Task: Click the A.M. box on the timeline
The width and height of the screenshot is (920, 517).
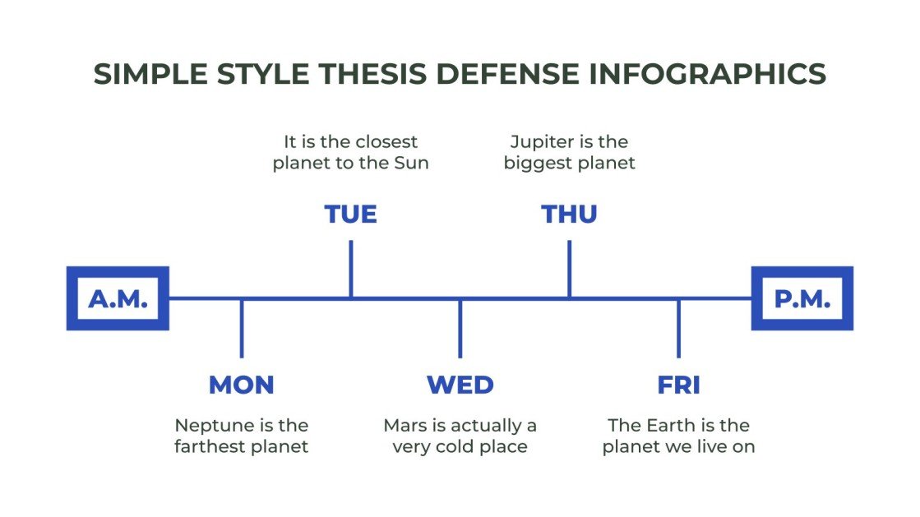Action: pyautogui.click(x=118, y=298)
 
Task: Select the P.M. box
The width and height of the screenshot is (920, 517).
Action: pyautogui.click(x=802, y=298)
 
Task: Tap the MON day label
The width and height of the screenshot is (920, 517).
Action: pyautogui.click(x=241, y=385)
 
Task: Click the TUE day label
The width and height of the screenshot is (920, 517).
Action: pyautogui.click(x=351, y=215)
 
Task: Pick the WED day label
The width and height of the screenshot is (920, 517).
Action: pyautogui.click(x=460, y=385)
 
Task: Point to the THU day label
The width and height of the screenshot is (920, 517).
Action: pyautogui.click(x=569, y=215)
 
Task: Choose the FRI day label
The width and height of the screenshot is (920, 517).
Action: pyautogui.click(x=678, y=385)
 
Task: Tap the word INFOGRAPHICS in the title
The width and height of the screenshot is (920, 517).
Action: pyautogui.click(x=707, y=74)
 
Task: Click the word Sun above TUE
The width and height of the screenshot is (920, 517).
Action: pyautogui.click(x=411, y=163)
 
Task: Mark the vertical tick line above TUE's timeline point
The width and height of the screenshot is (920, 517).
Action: pyautogui.click(x=351, y=268)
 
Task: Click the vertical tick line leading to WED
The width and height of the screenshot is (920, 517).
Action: pyautogui.click(x=460, y=328)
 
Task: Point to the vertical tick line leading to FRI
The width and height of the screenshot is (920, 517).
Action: pyautogui.click(x=678, y=328)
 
